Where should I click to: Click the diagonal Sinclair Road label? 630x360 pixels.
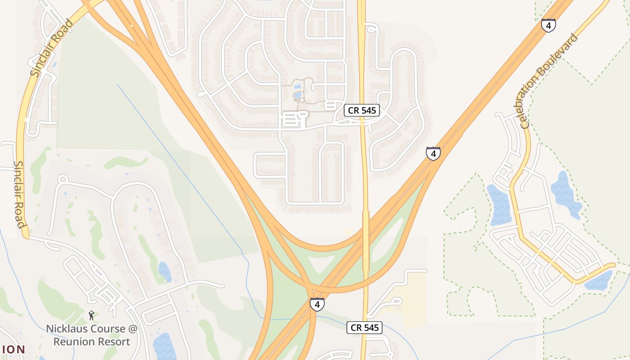tap(51, 48)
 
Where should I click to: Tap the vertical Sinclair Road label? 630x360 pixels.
tap(19, 194)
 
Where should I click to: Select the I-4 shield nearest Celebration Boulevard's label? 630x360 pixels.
tap(548, 26)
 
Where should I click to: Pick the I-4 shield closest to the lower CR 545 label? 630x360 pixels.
tap(317, 305)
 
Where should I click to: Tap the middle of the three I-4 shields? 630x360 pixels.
tap(433, 154)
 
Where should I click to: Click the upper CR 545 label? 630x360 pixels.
tap(362, 110)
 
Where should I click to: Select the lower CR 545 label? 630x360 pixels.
tap(364, 328)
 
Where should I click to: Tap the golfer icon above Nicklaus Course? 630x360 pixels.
tap(92, 315)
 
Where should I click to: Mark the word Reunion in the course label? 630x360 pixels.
tap(72, 342)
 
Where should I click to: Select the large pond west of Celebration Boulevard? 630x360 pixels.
tap(499, 205)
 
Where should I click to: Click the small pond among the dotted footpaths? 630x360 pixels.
tap(297, 95)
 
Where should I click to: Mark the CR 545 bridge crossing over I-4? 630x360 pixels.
tap(366, 241)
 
